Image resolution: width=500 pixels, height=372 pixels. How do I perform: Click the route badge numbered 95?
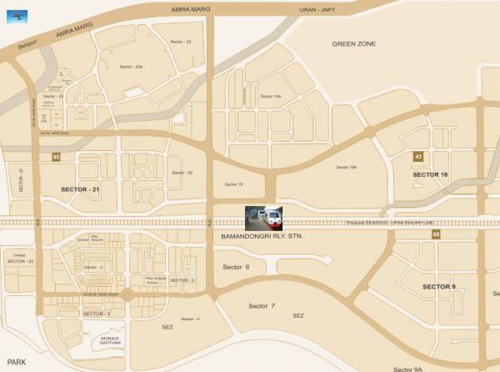(x=56, y=157)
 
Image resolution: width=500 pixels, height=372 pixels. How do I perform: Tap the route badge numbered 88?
(x=435, y=235)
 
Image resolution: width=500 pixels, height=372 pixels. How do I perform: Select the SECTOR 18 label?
(x=431, y=173)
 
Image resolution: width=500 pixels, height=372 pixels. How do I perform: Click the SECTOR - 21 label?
(x=81, y=190)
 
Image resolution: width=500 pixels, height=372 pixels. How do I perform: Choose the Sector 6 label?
(x=237, y=267)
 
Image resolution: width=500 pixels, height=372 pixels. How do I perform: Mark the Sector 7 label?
(x=262, y=306)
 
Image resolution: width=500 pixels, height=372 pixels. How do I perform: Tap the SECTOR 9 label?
(x=439, y=286)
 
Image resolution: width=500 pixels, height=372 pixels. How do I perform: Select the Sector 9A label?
(x=409, y=368)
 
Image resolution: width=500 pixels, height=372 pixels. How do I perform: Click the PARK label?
(x=14, y=361)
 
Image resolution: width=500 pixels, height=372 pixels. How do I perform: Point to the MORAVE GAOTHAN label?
(x=111, y=340)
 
